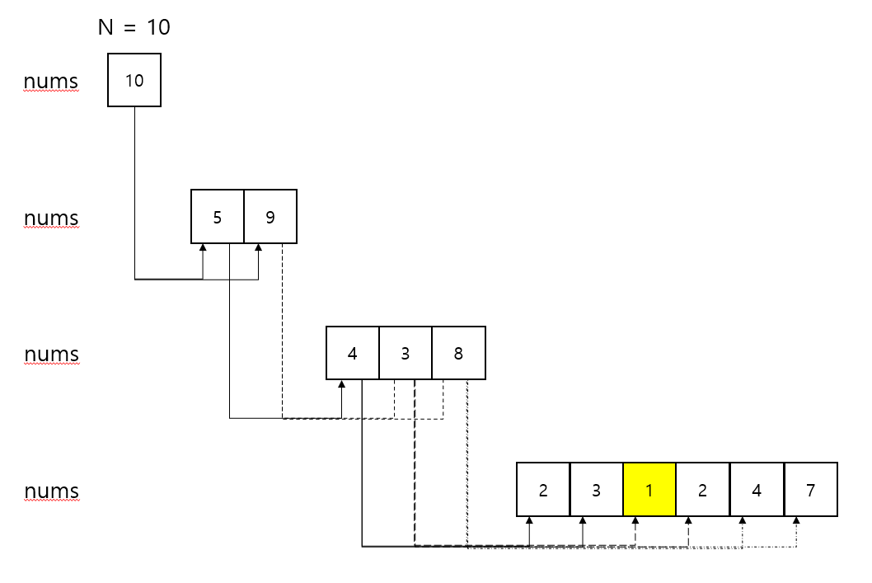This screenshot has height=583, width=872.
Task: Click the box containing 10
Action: [134, 80]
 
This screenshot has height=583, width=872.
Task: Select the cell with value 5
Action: [218, 217]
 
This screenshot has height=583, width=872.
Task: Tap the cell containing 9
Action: [270, 217]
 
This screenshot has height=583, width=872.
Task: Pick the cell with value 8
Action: [458, 354]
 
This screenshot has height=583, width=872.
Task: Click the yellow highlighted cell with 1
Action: [649, 490]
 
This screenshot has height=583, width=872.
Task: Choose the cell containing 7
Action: [810, 490]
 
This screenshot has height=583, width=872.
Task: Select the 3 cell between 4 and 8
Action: [406, 354]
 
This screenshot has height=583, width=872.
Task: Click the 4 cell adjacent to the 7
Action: [757, 490]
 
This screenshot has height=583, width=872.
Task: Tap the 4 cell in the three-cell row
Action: [353, 354]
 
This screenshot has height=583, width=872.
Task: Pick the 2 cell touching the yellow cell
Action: [702, 490]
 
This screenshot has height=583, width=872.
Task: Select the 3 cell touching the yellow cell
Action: [596, 490]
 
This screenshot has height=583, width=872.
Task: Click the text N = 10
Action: [134, 27]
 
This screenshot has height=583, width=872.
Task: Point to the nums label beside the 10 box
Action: [51, 82]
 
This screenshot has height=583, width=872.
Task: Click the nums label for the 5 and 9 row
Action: [51, 219]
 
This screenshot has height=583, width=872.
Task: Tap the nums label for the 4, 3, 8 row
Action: [51, 355]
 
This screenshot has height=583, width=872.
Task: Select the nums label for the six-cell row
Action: [51, 491]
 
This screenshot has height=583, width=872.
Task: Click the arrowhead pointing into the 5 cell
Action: [203, 248]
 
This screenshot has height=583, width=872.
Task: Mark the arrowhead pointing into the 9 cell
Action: [259, 248]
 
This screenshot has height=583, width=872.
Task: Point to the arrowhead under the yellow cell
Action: [635, 521]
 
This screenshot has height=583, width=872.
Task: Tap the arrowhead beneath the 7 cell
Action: [796, 521]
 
